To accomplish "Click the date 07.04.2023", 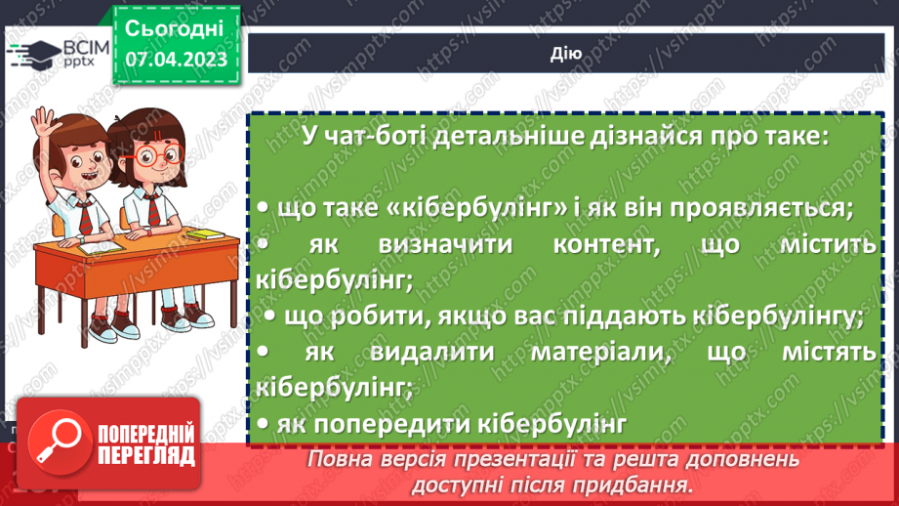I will pyautogui.click(x=176, y=59).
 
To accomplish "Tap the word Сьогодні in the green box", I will pyautogui.click(x=176, y=26).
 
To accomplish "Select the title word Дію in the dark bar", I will pyautogui.click(x=566, y=54).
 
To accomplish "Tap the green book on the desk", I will pyautogui.click(x=205, y=234).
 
